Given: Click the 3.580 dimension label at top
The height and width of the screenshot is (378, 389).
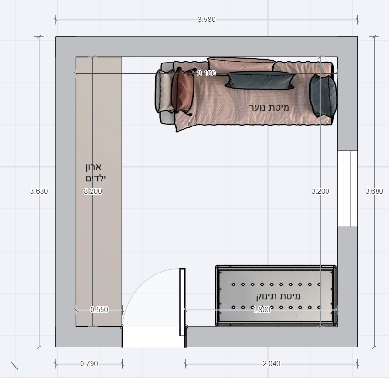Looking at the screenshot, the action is [206, 20].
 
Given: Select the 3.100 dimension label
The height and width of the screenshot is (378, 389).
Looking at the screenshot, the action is [207, 73].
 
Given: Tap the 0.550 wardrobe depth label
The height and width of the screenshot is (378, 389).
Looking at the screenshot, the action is [99, 310].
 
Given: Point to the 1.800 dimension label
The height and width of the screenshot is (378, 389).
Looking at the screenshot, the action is [262, 310].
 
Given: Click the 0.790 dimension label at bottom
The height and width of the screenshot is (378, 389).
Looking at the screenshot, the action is [89, 364].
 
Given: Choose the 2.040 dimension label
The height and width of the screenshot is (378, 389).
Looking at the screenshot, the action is [271, 364].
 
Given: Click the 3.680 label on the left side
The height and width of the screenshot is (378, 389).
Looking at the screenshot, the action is [39, 191].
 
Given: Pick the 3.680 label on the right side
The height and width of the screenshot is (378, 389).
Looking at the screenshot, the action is [374, 191].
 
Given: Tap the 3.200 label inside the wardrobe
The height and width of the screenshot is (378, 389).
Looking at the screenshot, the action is [93, 191].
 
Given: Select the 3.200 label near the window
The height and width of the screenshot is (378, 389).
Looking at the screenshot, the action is [320, 191].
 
